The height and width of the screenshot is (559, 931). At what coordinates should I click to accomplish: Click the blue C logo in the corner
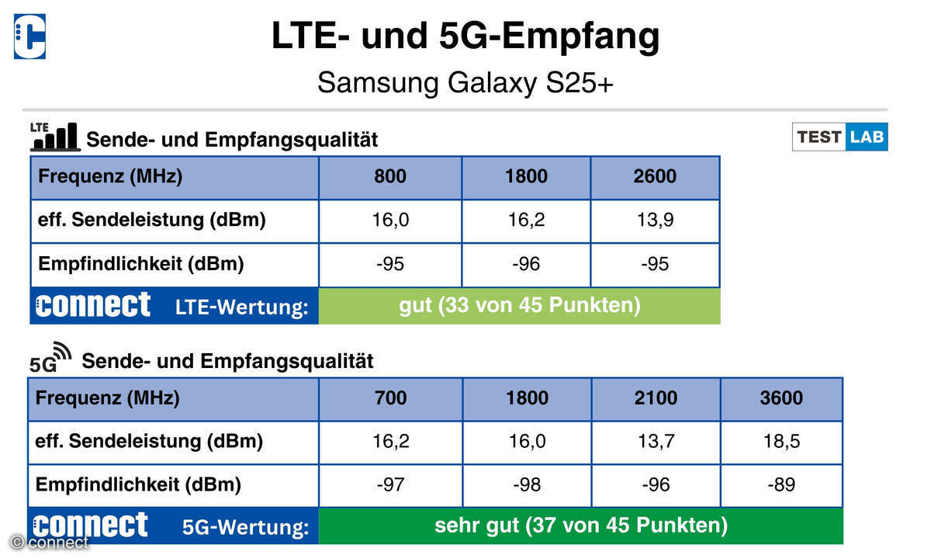(30, 36)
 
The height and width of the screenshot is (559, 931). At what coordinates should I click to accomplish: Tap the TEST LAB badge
(840, 137)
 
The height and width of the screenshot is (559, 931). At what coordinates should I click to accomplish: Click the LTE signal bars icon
(55, 137)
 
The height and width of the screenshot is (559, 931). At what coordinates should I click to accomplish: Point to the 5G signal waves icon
(50, 358)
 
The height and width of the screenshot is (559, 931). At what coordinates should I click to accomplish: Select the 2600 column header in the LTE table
(655, 176)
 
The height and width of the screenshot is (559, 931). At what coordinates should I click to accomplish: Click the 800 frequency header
(389, 176)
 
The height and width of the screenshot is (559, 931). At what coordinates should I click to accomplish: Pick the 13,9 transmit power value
(655, 220)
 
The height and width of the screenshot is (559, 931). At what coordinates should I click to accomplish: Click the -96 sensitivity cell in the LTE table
(526, 264)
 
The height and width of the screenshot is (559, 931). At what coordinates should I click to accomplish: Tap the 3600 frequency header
(781, 398)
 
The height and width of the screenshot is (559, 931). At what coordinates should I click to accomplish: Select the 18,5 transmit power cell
(781, 441)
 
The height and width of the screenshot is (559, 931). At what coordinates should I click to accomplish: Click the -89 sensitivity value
(781, 485)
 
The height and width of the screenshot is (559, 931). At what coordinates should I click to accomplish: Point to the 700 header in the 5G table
(390, 398)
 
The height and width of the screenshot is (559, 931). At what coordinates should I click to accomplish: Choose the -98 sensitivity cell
(527, 485)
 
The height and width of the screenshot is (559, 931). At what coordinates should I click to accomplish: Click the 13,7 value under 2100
(656, 441)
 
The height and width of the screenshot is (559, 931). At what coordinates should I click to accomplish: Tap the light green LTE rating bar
(520, 306)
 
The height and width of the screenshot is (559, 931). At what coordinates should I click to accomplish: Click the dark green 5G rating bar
(580, 526)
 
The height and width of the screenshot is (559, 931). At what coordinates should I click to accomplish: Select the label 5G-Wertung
(246, 527)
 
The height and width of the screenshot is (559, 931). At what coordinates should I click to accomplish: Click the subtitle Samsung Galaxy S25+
(465, 83)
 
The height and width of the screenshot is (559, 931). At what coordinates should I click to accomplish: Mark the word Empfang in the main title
(580, 37)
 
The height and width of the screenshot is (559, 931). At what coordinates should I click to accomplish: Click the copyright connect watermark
(49, 543)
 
